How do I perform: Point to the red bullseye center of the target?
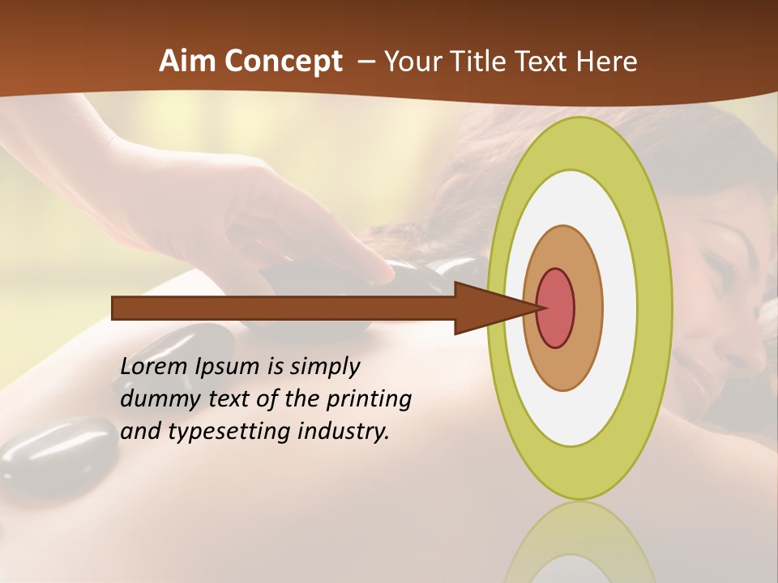[556, 308]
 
